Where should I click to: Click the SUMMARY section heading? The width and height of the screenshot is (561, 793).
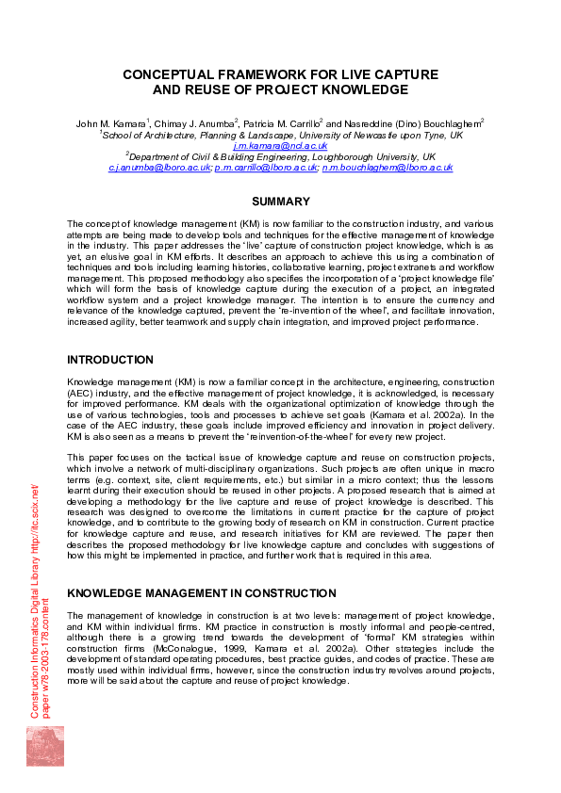280,202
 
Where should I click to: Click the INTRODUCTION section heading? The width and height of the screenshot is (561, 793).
109,359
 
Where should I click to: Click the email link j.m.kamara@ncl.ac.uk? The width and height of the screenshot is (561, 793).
280,146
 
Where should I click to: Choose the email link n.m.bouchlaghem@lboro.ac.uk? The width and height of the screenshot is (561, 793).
387,168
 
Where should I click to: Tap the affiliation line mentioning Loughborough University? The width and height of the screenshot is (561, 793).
280,156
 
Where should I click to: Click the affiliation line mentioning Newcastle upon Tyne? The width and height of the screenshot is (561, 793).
280,135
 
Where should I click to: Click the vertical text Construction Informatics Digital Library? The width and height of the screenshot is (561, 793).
34,603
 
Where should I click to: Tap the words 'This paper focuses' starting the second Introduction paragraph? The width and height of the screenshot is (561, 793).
103,457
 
